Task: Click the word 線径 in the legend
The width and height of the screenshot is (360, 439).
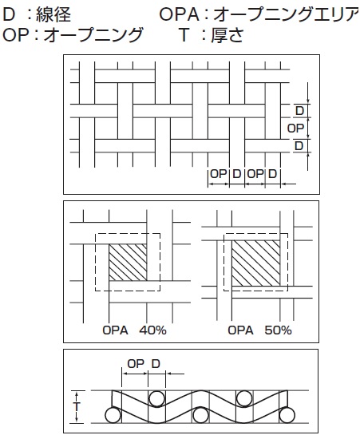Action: tap(53, 15)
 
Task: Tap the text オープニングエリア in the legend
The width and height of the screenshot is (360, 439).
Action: tap(287, 15)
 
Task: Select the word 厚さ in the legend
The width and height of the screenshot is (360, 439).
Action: tap(227, 35)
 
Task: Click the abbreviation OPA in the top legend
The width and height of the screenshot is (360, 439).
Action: tap(179, 15)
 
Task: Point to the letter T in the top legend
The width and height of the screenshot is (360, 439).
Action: tap(184, 35)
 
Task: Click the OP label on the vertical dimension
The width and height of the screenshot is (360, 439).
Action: tap(295, 129)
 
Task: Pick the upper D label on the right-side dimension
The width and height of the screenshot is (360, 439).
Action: tap(300, 111)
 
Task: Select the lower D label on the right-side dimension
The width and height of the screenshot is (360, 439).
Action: tap(299, 146)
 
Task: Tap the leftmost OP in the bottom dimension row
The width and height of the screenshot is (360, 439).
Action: tap(219, 174)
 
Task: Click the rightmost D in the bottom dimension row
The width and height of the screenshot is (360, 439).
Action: tap(273, 174)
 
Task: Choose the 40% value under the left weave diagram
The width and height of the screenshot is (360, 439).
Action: tap(152, 330)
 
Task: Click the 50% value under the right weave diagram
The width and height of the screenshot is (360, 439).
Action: tap(279, 330)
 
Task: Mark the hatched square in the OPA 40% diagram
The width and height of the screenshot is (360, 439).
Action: tap(128, 263)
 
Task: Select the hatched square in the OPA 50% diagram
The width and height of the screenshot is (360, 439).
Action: tap(256, 263)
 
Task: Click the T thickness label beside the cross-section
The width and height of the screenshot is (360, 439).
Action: tap(77, 407)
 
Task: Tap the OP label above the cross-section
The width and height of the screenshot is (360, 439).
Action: tap(136, 364)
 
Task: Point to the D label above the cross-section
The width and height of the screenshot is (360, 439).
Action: tap(156, 364)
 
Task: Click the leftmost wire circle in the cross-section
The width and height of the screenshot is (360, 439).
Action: tap(113, 415)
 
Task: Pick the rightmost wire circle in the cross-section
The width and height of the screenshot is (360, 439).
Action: tap(287, 415)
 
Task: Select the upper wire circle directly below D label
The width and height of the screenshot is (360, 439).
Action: tap(157, 398)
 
